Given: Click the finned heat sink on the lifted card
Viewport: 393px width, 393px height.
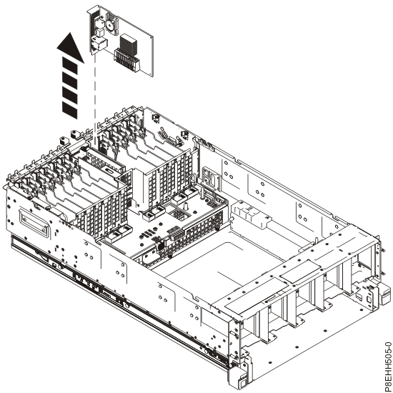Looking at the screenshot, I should click(x=126, y=44).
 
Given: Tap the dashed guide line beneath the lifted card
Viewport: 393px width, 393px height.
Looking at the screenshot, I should click(x=94, y=93).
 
